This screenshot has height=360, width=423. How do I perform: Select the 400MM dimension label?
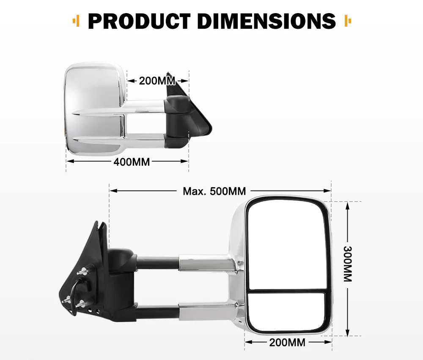click(132, 161)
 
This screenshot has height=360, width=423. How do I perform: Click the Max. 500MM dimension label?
click(214, 191)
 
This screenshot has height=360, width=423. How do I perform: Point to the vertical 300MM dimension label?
click(347, 264)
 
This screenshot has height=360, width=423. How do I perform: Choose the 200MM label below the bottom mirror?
click(287, 342)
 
